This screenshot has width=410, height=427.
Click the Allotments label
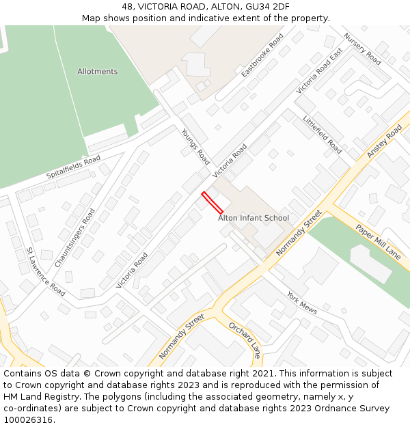[97, 72]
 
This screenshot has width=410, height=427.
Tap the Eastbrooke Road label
[262, 55]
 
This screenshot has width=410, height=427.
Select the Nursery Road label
[362, 49]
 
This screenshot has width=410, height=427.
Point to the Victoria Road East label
[319, 71]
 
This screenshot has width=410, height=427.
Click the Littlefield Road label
[323, 134]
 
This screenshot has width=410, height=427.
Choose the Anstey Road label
[384, 141]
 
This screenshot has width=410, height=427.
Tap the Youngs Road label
[195, 147]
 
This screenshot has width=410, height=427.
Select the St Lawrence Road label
[45, 271]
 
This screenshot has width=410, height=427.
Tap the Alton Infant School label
[254, 218]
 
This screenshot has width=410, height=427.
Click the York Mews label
[302, 303]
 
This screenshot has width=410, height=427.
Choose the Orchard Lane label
[245, 340]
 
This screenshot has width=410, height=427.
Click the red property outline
[212, 202]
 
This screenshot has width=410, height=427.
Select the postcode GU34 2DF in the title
[266, 7]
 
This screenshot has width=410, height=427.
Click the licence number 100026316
[28, 419]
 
